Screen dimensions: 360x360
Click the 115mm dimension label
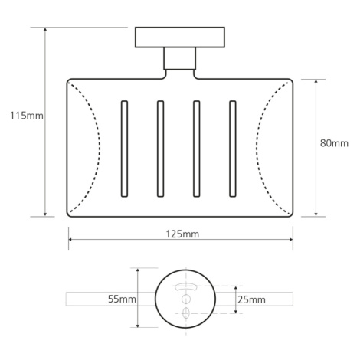[27, 116]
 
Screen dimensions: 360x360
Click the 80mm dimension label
[334, 143]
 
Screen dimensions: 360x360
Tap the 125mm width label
[182, 234]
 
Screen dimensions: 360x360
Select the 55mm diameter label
[122, 299]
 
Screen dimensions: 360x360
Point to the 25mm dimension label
[251, 299]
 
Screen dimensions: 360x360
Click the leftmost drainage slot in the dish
[124, 149]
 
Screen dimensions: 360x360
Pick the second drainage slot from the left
[160, 149]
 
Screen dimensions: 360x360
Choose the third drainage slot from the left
[196, 149]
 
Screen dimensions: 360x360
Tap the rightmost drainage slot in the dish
[233, 149]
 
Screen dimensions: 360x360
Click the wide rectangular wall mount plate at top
[180, 38]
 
